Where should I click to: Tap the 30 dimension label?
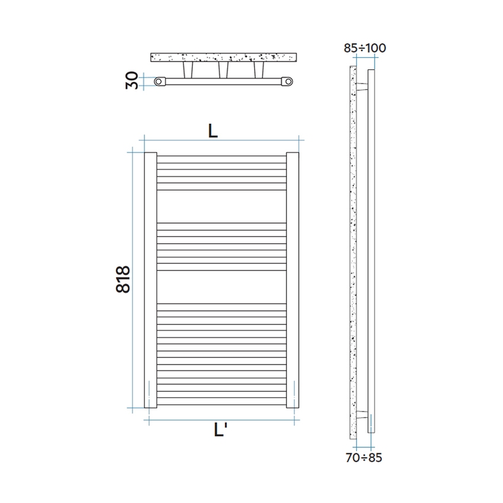pos(133,80)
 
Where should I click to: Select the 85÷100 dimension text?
pos(365,48)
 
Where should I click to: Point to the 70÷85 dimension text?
pos(363,457)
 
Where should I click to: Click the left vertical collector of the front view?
pos(150,280)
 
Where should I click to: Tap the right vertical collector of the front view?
pos(293,280)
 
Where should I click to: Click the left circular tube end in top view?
pos(159,80)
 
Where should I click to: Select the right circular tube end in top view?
pos(287,80)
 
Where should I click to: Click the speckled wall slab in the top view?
pos(223,57)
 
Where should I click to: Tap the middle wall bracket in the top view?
pos(223,70)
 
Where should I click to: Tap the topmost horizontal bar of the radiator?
pos(222,158)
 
